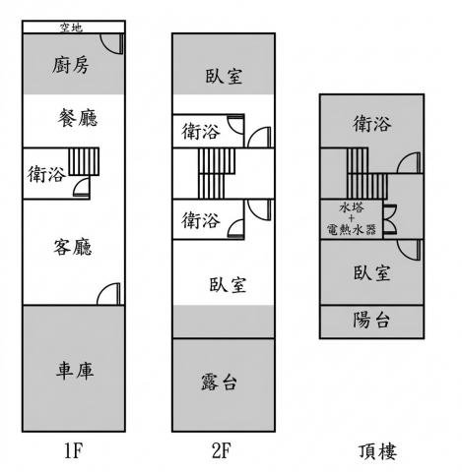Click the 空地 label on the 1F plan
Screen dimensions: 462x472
[71, 28]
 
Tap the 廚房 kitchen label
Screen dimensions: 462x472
[71, 65]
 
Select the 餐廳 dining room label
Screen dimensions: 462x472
[78, 118]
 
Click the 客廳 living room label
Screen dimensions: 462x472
[73, 247]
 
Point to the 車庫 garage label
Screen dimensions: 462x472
[75, 371]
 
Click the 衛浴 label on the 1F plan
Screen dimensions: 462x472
[46, 174]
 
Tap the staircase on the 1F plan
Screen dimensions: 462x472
[84, 161]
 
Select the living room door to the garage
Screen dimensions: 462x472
[108, 294]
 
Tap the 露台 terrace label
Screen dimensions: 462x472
[219, 383]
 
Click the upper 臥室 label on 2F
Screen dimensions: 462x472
[225, 76]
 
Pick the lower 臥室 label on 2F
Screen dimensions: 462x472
[228, 284]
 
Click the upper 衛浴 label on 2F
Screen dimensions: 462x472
[201, 132]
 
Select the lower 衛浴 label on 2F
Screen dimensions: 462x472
[201, 220]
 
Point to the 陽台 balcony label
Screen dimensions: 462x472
[371, 320]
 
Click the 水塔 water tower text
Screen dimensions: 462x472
[352, 207]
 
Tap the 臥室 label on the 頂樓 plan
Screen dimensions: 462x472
[372, 272]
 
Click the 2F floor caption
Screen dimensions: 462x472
[222, 451]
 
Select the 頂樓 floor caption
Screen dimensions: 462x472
[377, 451]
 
